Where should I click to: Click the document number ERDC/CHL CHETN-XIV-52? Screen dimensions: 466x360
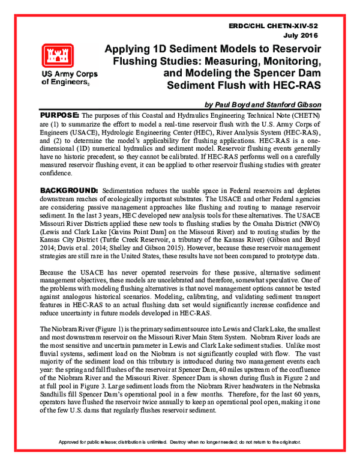pyautogui.click(x=281, y=28)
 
